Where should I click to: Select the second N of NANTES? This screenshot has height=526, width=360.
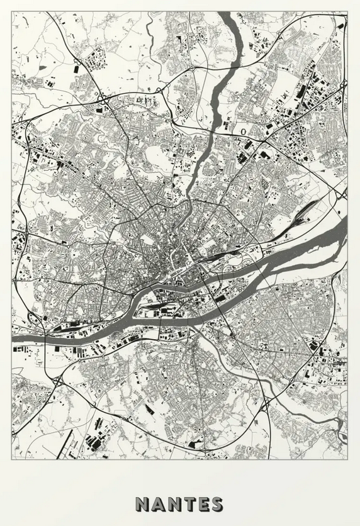176,504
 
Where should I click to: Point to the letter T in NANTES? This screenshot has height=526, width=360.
190,504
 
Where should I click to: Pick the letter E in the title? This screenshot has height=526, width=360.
203,504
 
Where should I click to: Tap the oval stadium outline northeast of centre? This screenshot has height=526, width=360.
243,131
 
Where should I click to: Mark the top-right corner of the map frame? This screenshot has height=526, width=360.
347,13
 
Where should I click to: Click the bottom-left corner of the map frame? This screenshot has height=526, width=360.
12,459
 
